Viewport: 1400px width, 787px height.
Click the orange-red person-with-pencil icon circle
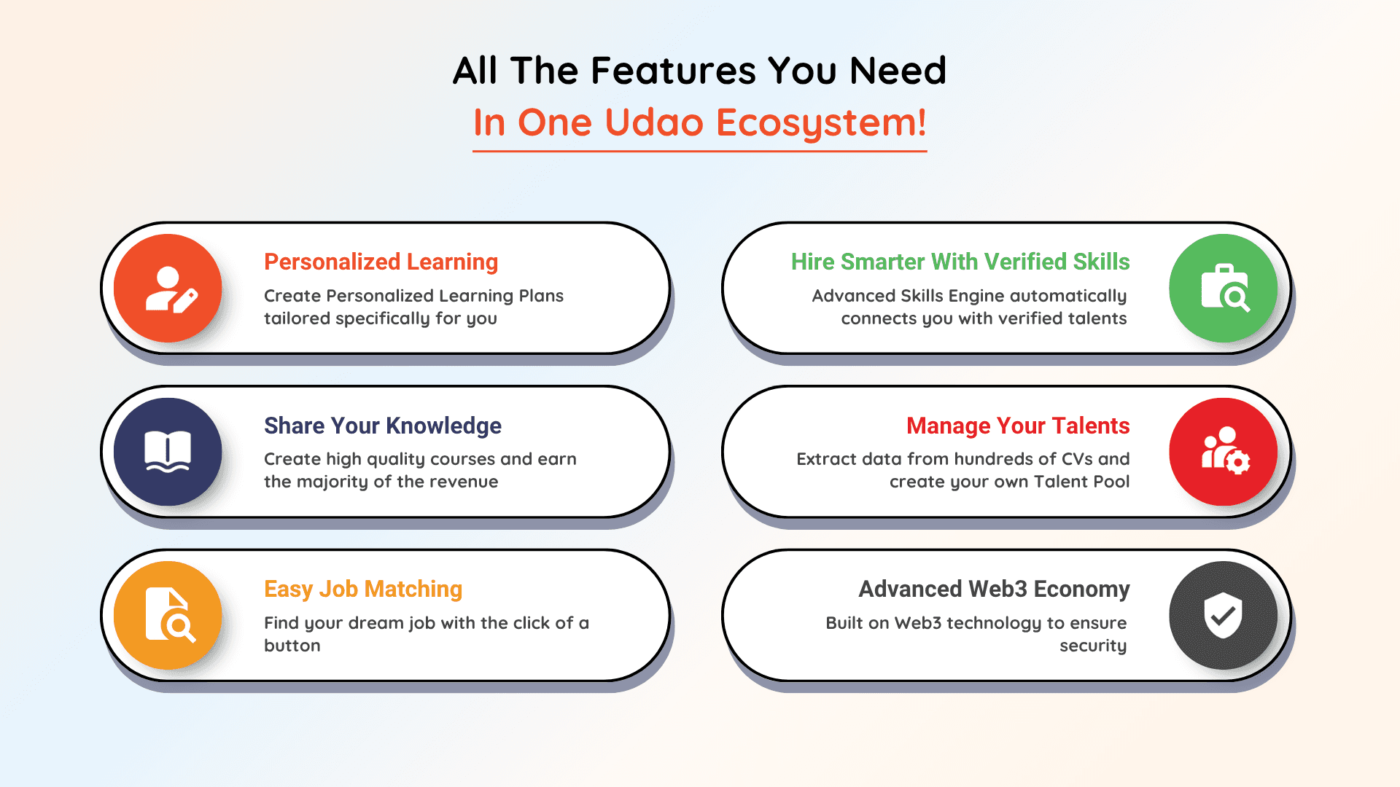(x=168, y=288)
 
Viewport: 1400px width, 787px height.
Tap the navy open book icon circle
(x=168, y=452)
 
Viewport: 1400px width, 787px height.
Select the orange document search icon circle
(x=168, y=615)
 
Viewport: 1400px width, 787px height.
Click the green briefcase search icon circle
(x=1224, y=288)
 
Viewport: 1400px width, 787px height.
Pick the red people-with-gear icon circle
(x=1224, y=452)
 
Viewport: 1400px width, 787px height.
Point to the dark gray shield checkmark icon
(x=1224, y=615)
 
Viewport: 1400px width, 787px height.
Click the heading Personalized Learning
(x=381, y=262)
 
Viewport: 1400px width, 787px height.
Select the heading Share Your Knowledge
(x=383, y=426)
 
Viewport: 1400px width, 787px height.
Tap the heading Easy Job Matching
(x=363, y=589)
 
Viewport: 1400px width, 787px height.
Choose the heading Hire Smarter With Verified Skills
(x=960, y=262)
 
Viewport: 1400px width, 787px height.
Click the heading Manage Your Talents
(x=1018, y=426)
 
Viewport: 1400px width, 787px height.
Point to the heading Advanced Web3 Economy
(x=994, y=589)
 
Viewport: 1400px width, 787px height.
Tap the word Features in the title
(x=673, y=71)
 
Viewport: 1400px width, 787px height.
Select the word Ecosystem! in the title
(x=822, y=123)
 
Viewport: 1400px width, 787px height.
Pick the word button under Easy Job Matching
(x=292, y=646)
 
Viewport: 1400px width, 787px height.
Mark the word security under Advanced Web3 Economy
(x=1093, y=646)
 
